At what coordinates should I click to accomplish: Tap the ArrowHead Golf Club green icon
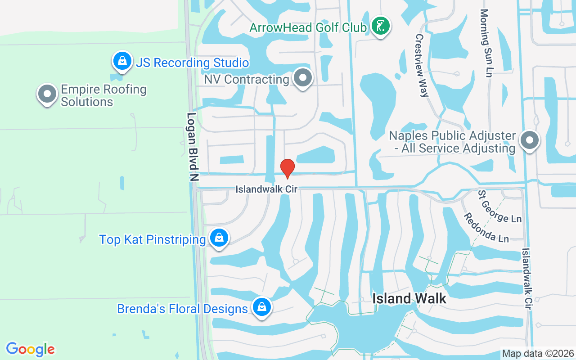click(x=381, y=26)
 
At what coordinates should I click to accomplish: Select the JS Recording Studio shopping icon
click(x=122, y=61)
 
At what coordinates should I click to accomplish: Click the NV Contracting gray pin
click(x=303, y=79)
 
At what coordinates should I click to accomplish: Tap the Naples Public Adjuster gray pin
click(x=529, y=141)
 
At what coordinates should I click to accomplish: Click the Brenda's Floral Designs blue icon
click(x=261, y=307)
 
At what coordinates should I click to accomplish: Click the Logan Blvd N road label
click(x=193, y=147)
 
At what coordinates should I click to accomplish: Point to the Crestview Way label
click(x=422, y=65)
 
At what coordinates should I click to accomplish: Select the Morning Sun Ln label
click(x=486, y=43)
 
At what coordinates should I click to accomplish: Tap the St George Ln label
click(x=499, y=207)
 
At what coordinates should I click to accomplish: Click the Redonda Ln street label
click(x=487, y=227)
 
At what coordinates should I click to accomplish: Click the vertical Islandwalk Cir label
click(x=526, y=278)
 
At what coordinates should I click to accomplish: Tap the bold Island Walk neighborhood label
click(x=409, y=298)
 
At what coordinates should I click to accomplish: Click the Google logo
click(x=30, y=349)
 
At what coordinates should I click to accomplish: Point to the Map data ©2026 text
click(x=538, y=353)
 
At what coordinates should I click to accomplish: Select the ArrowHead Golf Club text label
click(x=308, y=27)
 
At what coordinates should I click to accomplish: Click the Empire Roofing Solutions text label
click(x=103, y=95)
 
